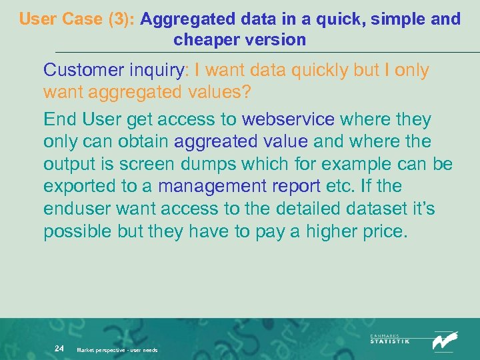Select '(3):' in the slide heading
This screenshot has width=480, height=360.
[x=121, y=19]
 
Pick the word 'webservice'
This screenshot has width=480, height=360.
[x=288, y=120]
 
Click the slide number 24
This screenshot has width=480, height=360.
[x=59, y=348]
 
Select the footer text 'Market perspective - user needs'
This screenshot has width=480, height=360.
[x=117, y=350]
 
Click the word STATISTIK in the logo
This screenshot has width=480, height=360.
[x=390, y=341]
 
